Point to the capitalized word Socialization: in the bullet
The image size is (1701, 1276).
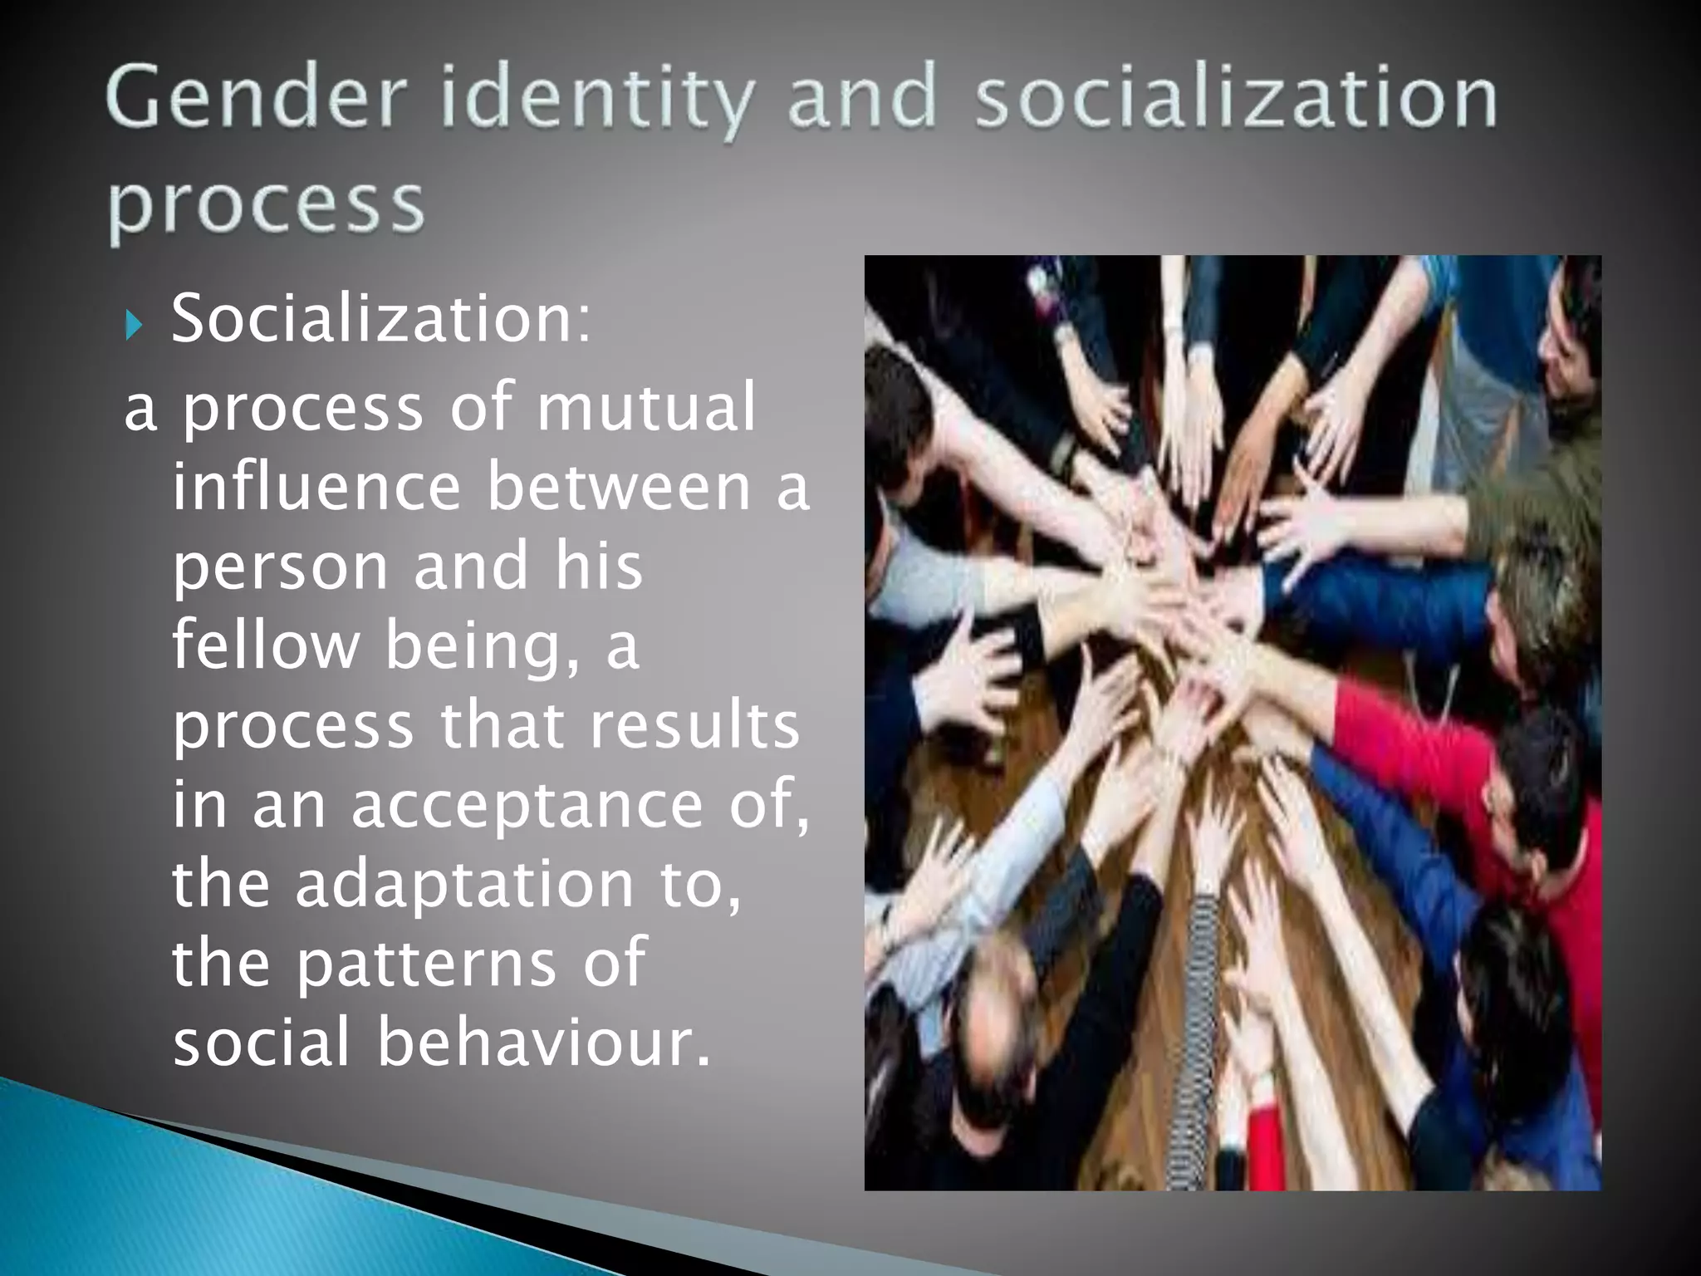coord(382,319)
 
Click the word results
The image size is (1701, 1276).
coord(693,724)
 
